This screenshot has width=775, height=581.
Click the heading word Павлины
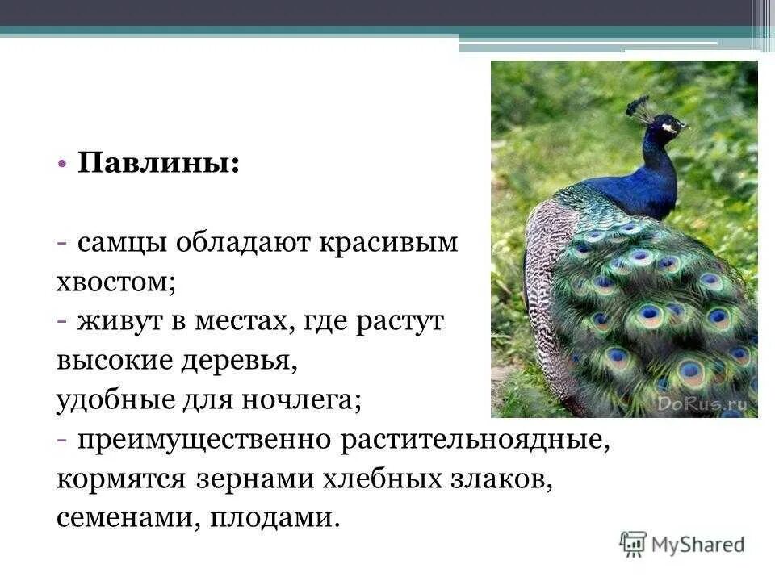[158, 164]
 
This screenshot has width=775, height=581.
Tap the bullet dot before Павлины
[63, 164]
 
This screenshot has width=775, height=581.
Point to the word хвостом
[117, 282]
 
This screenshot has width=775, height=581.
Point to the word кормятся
[121, 479]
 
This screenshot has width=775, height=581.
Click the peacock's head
[667, 127]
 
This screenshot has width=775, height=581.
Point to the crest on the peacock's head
[640, 108]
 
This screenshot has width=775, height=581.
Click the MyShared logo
[682, 544]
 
